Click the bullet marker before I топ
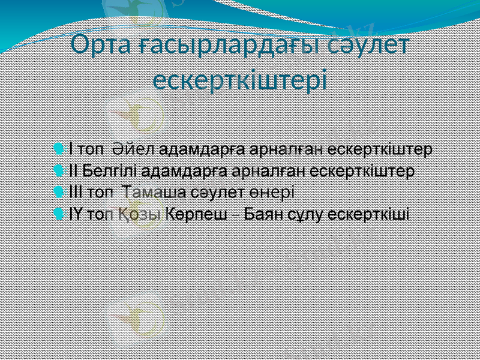point(58,148)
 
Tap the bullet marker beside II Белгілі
point(58,170)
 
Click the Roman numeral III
point(76,192)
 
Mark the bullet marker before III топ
point(58,192)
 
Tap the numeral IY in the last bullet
point(75,214)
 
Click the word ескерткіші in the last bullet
point(373,214)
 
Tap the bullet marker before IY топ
point(58,214)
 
